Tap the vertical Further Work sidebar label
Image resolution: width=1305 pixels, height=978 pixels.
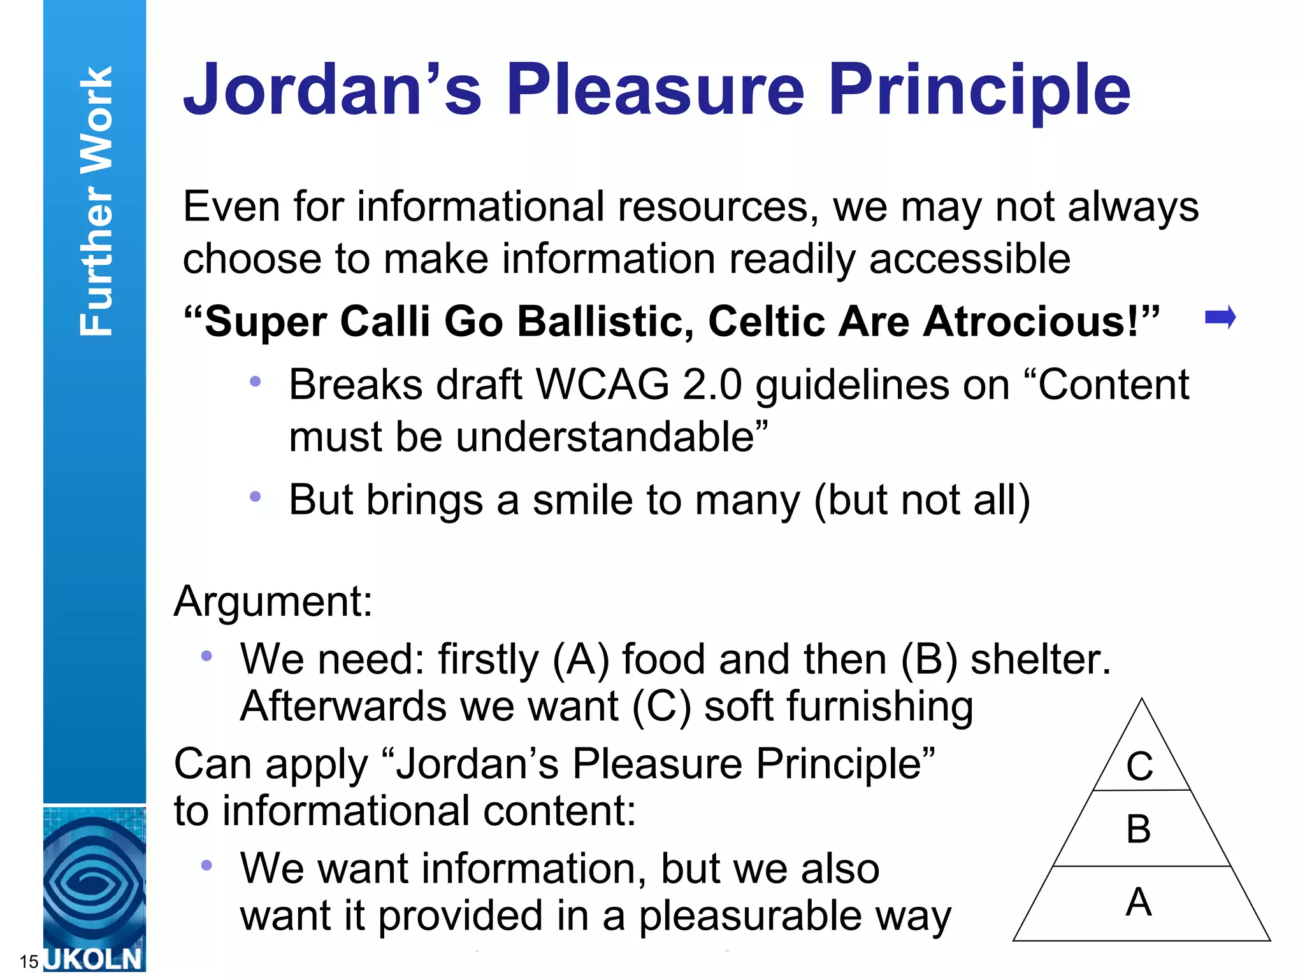(x=96, y=201)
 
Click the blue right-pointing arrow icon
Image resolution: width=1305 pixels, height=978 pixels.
(x=1220, y=317)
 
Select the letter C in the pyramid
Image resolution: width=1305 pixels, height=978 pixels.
(x=1139, y=766)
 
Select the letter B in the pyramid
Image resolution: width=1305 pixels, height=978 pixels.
(x=1139, y=829)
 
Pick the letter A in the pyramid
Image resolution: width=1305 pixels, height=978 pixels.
(x=1139, y=902)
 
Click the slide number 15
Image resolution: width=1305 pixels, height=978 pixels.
(x=29, y=961)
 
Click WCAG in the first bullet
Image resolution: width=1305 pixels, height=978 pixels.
(x=602, y=385)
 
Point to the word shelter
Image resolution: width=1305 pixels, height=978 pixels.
(x=1040, y=659)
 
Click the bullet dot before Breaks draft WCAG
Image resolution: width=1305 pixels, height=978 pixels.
(x=256, y=381)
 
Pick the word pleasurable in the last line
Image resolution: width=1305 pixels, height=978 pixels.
(x=751, y=916)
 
